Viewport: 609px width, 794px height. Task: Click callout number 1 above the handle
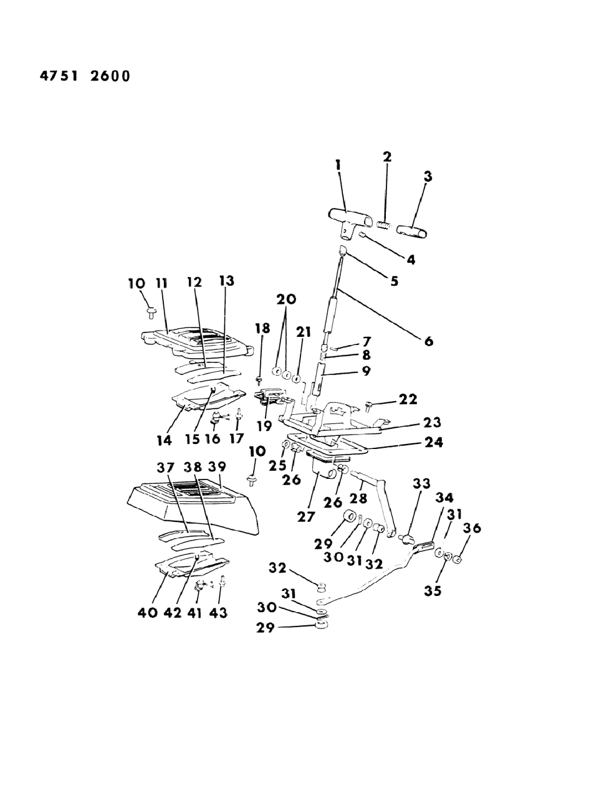point(337,165)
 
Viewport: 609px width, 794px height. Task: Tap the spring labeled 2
point(385,225)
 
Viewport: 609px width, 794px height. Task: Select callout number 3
point(428,177)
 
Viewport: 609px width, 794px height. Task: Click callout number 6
point(428,341)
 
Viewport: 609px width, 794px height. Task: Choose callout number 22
point(409,399)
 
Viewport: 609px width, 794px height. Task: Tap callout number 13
point(227,281)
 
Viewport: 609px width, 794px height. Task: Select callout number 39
point(217,467)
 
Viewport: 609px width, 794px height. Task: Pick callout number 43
point(218,613)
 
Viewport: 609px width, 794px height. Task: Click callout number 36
point(472,528)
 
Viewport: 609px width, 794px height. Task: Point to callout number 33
point(421,483)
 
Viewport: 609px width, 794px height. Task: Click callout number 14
point(164,440)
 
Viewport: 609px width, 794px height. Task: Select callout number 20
point(287,299)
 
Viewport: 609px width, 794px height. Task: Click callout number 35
point(433,590)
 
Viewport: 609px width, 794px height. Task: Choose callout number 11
point(162,282)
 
